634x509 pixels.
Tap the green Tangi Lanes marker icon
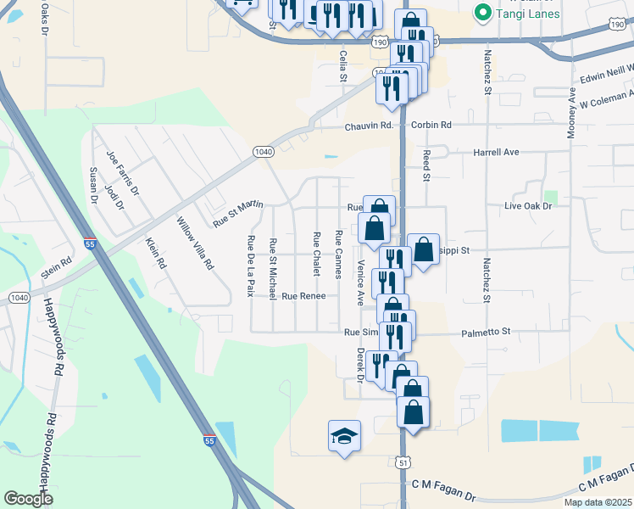pos(483,13)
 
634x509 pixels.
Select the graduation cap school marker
pos(344,436)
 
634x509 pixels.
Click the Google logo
pos(28,499)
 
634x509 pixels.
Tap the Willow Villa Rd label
pos(194,244)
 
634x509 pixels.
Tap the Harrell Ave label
pos(496,153)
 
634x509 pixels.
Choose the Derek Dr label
pos(359,365)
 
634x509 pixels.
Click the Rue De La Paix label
pos(251,266)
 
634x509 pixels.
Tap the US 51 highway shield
pos(403,461)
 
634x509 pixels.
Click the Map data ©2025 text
pos(598,502)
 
